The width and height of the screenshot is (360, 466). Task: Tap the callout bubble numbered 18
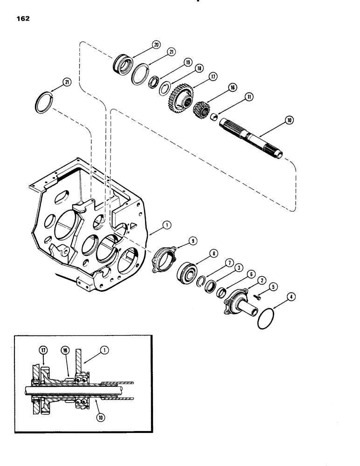tap(200, 68)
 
